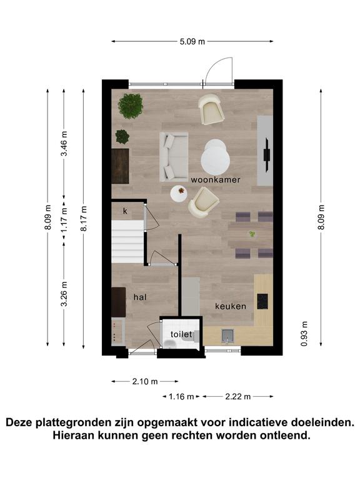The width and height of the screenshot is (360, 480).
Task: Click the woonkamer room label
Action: [216, 180]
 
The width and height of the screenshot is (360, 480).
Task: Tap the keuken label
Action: [231, 306]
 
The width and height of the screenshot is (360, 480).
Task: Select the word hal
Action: [140, 297]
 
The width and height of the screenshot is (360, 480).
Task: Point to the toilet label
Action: [181, 334]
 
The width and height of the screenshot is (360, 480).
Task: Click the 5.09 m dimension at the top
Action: [192, 42]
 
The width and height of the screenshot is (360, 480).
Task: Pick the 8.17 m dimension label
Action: [84, 219]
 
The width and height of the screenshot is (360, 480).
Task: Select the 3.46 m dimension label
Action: [64, 143]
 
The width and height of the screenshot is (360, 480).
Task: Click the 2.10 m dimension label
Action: [145, 381]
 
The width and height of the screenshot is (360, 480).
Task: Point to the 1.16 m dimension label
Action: [181, 397]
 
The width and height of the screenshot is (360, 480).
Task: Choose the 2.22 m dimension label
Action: [238, 397]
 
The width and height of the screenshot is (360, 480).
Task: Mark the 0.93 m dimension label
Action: [304, 334]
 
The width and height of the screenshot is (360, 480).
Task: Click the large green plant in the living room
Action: [131, 106]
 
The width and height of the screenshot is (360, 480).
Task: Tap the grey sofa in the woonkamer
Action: [174, 157]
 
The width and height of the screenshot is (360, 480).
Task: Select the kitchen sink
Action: [227, 336]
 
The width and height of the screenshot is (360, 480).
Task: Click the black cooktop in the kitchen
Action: [262, 301]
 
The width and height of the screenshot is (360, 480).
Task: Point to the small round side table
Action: [179, 194]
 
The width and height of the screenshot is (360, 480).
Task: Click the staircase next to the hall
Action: [127, 241]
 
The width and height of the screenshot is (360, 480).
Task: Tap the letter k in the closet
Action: [125, 211]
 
